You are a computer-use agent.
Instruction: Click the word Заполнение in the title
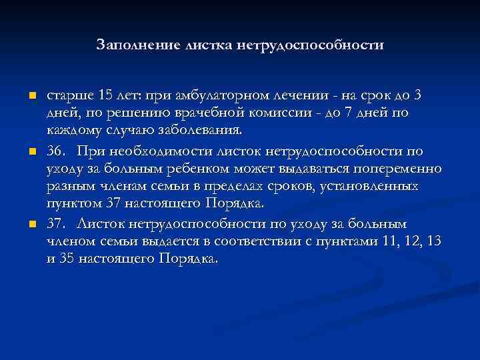tap(132, 45)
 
